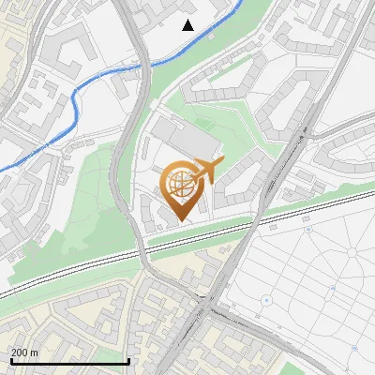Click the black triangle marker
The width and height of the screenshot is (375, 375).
[x=188, y=25]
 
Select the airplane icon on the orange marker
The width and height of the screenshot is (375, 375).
[x=208, y=170]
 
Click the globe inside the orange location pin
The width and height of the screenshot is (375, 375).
[x=179, y=185]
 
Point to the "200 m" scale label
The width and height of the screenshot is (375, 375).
[x=24, y=353]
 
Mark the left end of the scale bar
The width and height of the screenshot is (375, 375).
[x=10, y=362]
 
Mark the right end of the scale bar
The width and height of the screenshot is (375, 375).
[x=128, y=362]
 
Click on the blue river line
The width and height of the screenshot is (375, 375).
[x=75, y=103]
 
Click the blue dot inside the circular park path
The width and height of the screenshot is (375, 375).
[x=266, y=300]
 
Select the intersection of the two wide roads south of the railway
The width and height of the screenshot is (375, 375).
[x=207, y=306]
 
